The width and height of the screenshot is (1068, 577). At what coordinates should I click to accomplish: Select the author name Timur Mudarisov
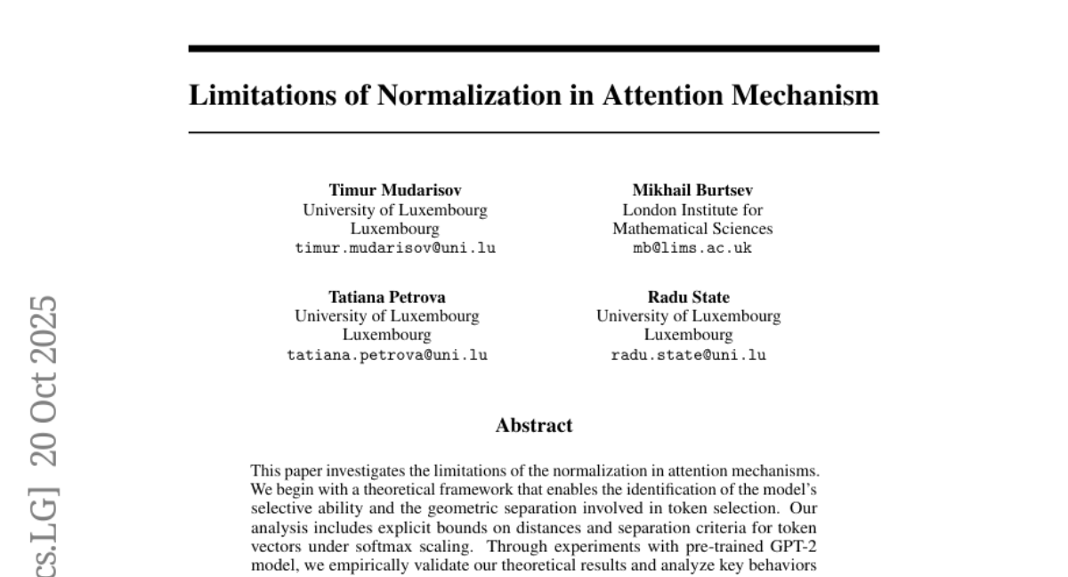(395, 190)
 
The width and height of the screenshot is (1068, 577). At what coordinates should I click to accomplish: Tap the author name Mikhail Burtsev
(692, 190)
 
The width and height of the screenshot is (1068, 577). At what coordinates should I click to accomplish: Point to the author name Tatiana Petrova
(387, 297)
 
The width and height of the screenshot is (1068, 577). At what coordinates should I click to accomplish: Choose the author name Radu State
(688, 297)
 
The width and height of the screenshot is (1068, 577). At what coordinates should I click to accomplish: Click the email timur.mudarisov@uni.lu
(395, 248)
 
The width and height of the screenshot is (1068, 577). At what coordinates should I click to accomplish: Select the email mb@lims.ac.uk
(692, 248)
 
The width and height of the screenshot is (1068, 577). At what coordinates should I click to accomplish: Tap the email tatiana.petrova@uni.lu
(387, 355)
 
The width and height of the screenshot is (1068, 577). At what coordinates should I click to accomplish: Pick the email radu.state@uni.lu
(688, 355)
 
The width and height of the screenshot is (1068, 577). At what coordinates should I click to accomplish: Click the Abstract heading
(534, 426)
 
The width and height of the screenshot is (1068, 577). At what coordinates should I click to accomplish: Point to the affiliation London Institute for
(692, 210)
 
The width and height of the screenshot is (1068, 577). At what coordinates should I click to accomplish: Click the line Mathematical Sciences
(692, 229)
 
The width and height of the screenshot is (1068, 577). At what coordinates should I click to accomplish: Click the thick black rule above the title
(534, 49)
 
